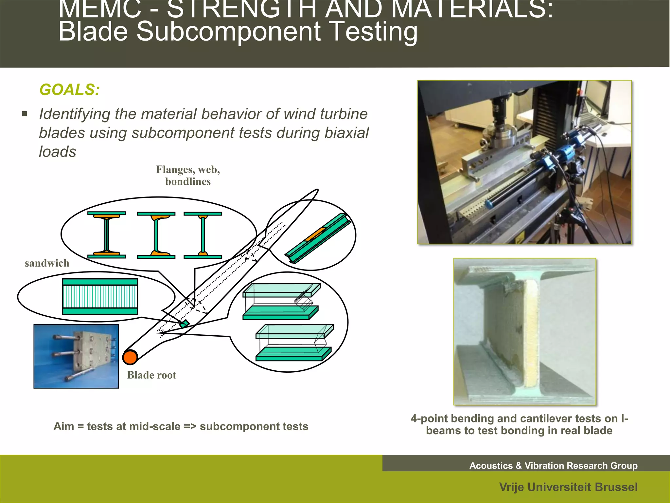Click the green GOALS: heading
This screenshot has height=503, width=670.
point(69,90)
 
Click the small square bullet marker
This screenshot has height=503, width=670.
point(25,114)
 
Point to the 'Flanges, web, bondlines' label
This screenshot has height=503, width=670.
point(188,176)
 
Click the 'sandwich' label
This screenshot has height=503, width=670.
point(47,263)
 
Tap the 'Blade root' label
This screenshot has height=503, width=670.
point(151,375)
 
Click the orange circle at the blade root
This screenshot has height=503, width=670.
point(130,357)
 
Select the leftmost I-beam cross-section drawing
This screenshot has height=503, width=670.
point(107,235)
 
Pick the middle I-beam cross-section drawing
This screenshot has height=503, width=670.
point(156,235)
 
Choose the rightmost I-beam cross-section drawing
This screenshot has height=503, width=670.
point(203,235)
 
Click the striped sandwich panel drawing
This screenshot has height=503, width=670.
point(100,297)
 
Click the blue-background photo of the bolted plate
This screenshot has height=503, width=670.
point(76,356)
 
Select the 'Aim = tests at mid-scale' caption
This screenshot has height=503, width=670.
point(181,426)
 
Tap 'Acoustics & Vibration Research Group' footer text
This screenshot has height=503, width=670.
point(553,466)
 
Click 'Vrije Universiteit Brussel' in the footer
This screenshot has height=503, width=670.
point(568,487)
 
